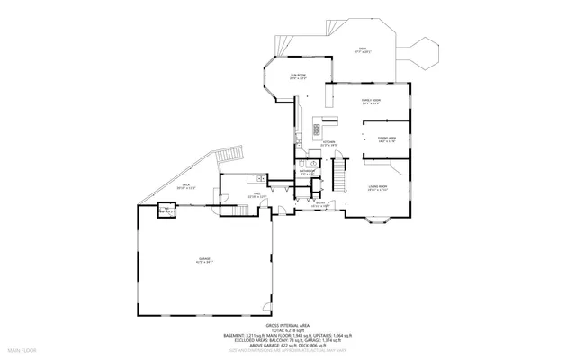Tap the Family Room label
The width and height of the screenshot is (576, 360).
(x=372, y=102)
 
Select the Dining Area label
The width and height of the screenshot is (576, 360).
(x=387, y=139)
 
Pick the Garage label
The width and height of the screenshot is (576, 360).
(x=204, y=260)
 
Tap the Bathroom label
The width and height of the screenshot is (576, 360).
(x=308, y=173)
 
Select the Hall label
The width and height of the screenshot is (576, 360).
(x=256, y=194)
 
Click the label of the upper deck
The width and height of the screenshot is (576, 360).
(x=363, y=50)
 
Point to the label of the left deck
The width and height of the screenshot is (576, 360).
(x=185, y=187)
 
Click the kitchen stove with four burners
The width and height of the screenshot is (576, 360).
(x=317, y=129)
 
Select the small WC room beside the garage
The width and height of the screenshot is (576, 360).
(x=166, y=211)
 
